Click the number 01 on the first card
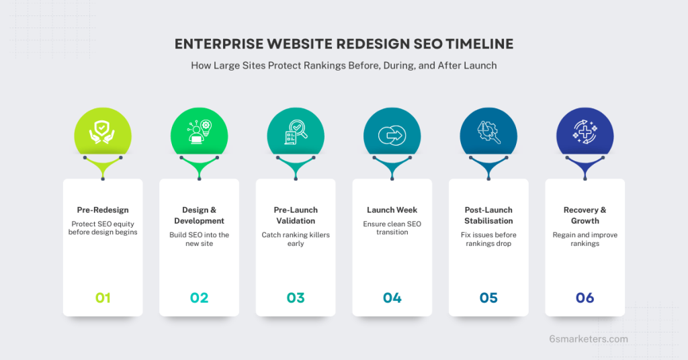click(103, 298)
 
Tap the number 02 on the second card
click(199, 298)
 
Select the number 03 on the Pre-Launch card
click(296, 298)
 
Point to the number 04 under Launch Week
click(392, 298)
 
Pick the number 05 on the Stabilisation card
click(488, 298)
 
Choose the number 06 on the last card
click(585, 298)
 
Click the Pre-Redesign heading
click(103, 210)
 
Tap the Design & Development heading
click(199, 215)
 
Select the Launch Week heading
click(392, 210)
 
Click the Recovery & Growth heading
click(585, 215)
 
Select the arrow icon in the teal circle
click(392, 135)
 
